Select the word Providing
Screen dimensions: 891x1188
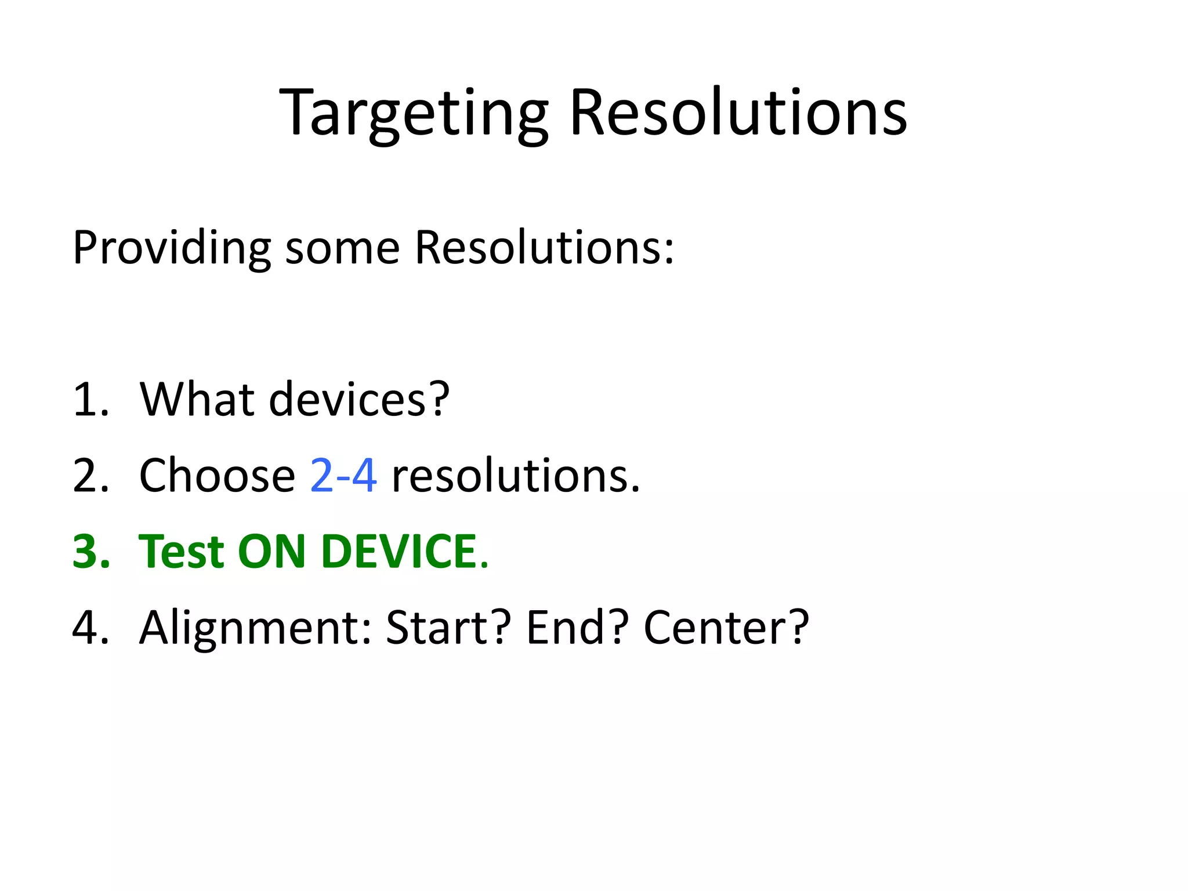(x=172, y=249)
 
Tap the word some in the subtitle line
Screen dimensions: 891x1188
(x=342, y=249)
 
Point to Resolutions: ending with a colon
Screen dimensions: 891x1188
(x=545, y=248)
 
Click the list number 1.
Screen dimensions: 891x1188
(x=90, y=400)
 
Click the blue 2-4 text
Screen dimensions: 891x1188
(x=343, y=476)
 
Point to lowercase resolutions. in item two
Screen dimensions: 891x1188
(x=516, y=476)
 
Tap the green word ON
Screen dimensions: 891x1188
(x=271, y=552)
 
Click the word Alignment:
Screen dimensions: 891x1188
(x=255, y=629)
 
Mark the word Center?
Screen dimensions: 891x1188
(x=726, y=628)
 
